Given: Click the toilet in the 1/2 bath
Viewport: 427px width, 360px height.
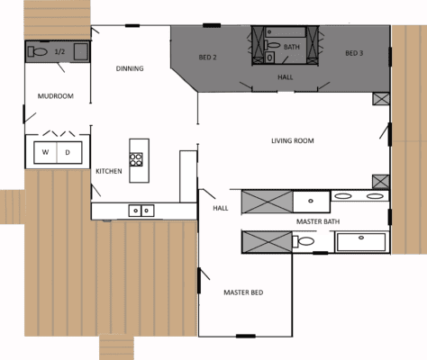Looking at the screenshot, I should coord(39,51).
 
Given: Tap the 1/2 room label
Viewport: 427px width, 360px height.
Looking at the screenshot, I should coord(60,52).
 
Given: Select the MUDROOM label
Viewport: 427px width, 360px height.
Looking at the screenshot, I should coord(54,95).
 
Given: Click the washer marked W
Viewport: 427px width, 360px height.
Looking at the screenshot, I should coord(45,152).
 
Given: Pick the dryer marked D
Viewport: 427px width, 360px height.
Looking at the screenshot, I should coord(68,152).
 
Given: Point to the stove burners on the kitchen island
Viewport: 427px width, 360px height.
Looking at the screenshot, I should coord(137,160).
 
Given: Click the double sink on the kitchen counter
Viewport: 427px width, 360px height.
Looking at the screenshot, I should coord(141,211).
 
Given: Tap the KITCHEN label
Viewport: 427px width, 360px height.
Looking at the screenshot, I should coord(109,171).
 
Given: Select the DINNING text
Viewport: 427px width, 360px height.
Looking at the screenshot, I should coord(131,68).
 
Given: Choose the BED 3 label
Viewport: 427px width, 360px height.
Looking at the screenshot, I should coord(353,53).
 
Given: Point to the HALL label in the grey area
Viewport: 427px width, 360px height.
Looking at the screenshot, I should coord(285,77).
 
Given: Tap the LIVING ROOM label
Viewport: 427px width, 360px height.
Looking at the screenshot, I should coord(292,140).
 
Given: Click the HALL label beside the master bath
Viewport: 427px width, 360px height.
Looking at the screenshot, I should coord(220,208).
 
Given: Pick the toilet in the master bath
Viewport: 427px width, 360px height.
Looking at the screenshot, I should coord(305,241).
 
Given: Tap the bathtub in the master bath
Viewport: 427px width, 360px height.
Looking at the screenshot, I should coord(360,241).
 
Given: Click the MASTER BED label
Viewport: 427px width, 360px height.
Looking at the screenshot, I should coord(243,292).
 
